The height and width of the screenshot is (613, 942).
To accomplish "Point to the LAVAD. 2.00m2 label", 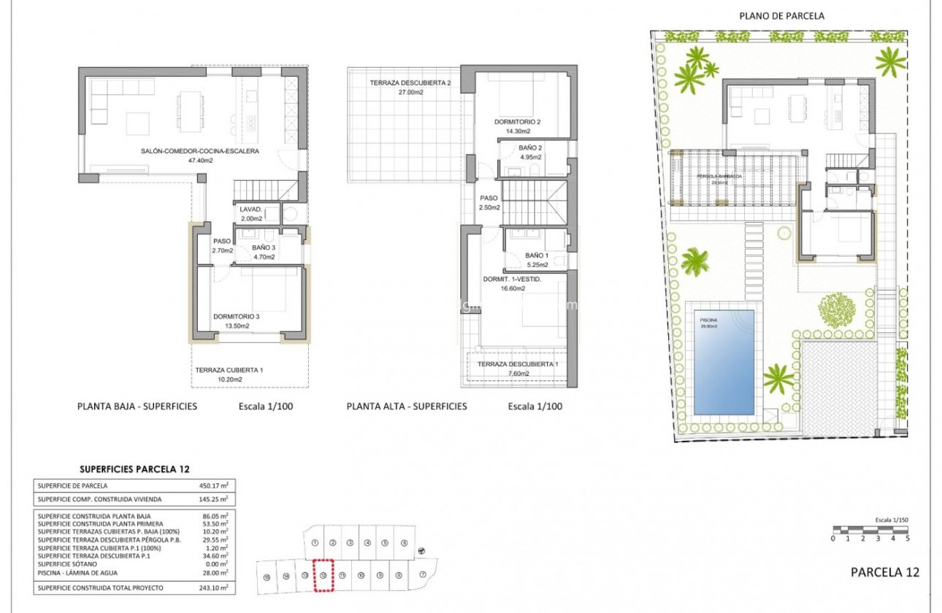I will pos(250,213).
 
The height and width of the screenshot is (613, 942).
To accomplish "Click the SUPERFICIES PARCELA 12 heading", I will pos(134,469).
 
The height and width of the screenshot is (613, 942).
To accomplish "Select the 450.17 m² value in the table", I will pos(213,486).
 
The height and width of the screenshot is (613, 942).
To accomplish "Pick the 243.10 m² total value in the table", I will pos(213,587).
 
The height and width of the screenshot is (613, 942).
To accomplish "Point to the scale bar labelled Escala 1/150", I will pos(870,530).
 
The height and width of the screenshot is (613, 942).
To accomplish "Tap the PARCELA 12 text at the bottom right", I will pos(885,572).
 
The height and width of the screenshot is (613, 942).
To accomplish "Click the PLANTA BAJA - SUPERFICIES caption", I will pos(137,406).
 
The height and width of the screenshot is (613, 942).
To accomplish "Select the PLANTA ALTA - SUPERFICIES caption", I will pos(407,406).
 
